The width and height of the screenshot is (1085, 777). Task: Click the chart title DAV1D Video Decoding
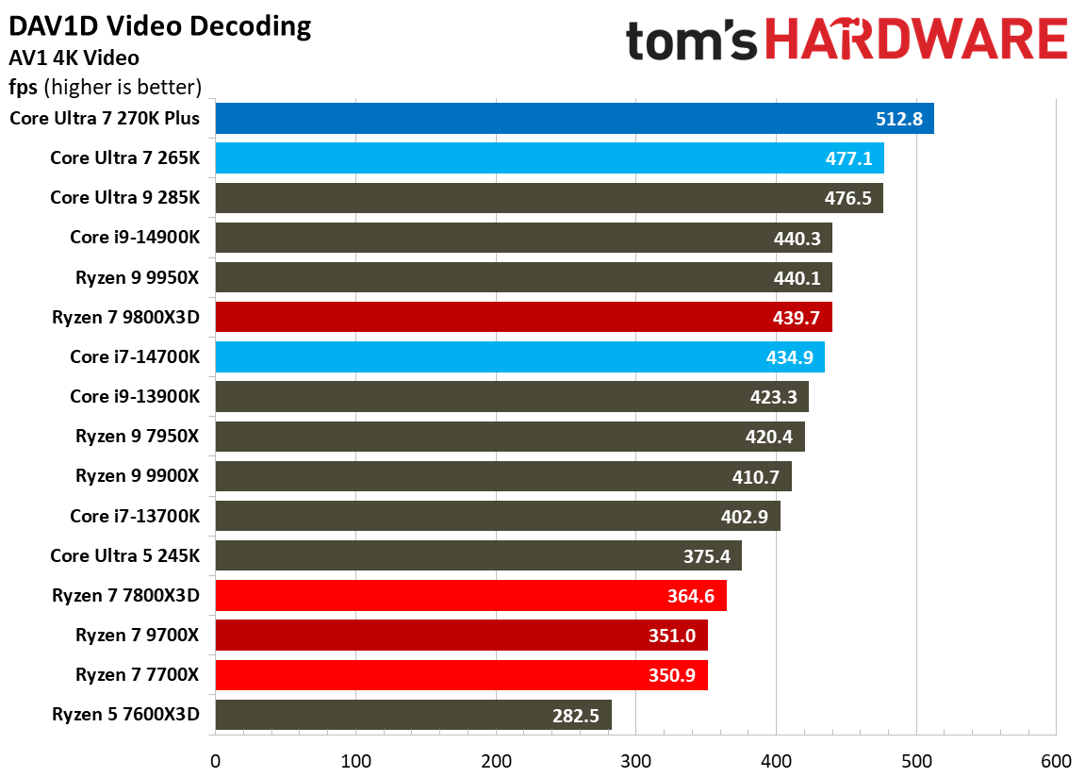(159, 25)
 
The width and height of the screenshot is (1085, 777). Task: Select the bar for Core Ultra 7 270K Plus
(574, 119)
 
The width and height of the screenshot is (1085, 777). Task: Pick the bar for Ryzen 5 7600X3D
(413, 715)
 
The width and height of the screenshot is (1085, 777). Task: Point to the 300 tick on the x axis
(636, 761)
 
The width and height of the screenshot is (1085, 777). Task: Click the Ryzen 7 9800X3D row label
(126, 318)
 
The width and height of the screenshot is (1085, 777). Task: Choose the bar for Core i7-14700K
(519, 357)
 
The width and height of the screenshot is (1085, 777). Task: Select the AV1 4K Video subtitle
(74, 58)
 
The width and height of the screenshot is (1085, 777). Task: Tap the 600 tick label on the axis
(1056, 761)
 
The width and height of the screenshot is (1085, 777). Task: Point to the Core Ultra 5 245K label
(125, 556)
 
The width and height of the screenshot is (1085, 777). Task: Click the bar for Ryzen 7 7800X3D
(470, 596)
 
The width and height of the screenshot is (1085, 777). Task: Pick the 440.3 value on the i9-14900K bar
(797, 239)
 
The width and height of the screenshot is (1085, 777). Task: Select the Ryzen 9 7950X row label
(138, 437)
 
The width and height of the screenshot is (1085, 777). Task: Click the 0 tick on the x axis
(216, 761)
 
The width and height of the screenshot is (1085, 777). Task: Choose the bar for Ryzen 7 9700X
(461, 636)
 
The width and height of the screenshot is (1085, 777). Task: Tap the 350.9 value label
(671, 676)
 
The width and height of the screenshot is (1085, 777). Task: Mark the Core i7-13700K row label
(135, 517)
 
